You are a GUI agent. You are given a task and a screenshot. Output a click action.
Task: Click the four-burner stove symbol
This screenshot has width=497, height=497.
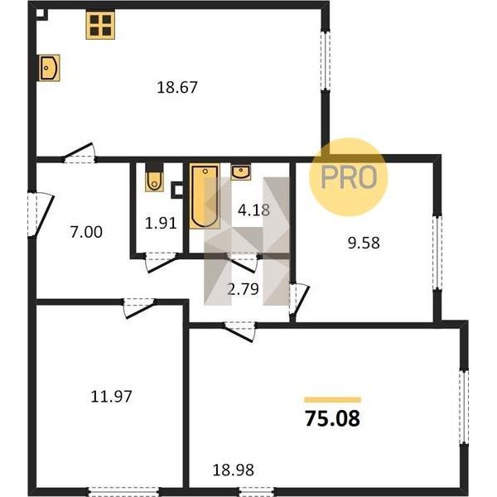(100, 25)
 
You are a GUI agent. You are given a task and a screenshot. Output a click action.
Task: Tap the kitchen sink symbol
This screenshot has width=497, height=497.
(49, 68)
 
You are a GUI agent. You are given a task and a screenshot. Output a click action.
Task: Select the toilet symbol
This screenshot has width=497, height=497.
(154, 177)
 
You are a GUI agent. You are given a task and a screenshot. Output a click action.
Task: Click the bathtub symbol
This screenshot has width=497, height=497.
(205, 195)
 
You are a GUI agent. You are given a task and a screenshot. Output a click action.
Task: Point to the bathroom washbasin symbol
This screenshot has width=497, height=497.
(241, 171)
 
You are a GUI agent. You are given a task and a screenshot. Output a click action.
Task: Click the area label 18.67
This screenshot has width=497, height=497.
(177, 88)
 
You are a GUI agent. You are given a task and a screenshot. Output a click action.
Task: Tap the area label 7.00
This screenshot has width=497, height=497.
(86, 232)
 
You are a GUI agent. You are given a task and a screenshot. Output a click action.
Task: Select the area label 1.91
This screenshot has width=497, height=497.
(161, 224)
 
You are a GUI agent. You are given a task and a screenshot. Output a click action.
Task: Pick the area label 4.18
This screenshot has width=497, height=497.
(254, 210)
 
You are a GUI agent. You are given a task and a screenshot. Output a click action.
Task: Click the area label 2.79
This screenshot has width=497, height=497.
(243, 289)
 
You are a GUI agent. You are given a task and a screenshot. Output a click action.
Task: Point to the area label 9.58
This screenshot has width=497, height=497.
(364, 243)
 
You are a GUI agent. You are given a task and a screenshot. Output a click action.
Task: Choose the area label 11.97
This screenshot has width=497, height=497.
(111, 397)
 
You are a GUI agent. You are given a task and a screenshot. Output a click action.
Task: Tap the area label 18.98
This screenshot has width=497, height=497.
(234, 470)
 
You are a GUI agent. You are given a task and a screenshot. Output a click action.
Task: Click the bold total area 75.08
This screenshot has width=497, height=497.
(332, 418)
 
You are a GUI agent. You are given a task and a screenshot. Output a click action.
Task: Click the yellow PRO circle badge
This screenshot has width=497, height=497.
(349, 177)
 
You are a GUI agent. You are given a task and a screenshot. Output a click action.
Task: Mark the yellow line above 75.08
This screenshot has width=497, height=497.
(332, 400)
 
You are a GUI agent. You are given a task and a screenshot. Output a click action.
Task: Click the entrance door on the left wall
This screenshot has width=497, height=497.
(40, 215)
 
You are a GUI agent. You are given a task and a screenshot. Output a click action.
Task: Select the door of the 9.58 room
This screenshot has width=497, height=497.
(298, 299)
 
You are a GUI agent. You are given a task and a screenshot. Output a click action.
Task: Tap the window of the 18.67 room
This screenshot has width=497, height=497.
(326, 60)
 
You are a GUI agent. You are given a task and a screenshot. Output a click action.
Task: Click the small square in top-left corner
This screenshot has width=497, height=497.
(41, 13)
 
